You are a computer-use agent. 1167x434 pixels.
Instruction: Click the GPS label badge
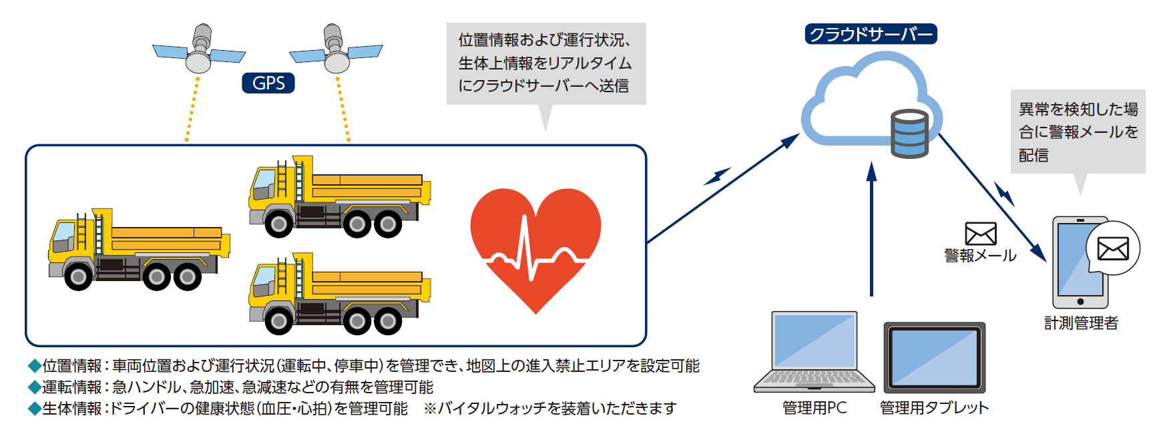pos(268,83)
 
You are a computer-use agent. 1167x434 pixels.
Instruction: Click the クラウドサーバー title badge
pos(871,34)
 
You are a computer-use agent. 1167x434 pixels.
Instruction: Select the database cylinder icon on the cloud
pos(909,134)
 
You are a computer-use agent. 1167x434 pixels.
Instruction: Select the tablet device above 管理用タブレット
pos(934,358)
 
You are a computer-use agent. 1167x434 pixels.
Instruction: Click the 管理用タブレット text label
pos(934,408)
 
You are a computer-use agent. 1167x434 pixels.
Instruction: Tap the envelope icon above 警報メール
pos(980,234)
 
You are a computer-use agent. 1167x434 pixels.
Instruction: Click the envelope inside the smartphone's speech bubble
pos(1113,249)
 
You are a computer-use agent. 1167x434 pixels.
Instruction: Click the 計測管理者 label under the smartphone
pos(1081,323)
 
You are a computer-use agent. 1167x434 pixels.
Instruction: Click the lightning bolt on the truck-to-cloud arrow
pos(717,176)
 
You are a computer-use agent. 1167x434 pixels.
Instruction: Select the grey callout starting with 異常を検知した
pos(1078,132)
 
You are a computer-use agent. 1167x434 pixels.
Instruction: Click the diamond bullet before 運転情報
pos(34,387)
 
